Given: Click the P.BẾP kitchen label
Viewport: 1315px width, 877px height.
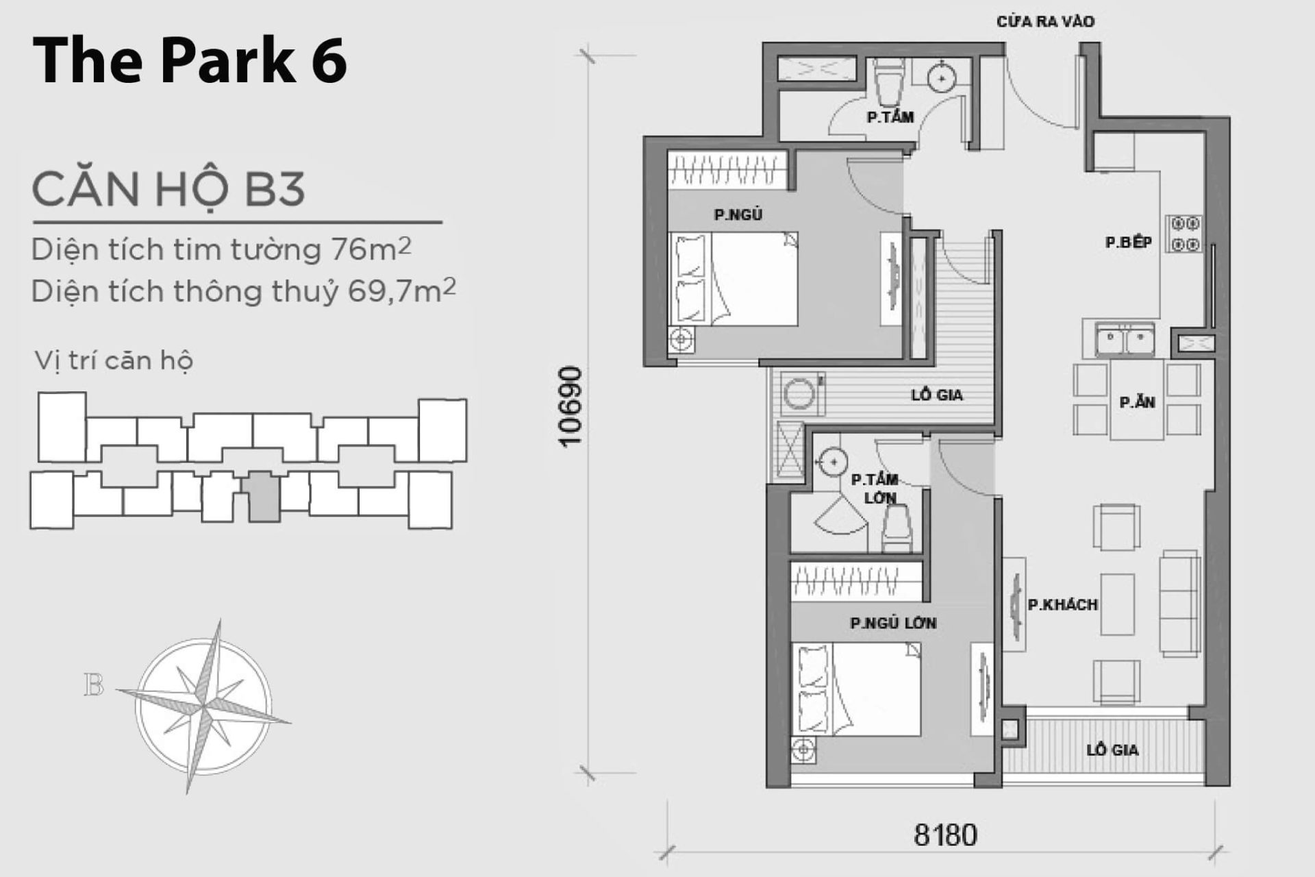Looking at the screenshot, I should click(x=1128, y=242).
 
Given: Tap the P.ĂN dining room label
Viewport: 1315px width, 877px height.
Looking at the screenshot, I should click(x=1137, y=402).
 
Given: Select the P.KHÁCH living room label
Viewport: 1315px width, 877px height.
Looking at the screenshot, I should click(x=1062, y=604).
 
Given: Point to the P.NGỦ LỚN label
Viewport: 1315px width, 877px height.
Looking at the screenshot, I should click(x=892, y=623).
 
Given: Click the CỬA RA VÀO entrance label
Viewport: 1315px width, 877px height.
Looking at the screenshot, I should click(x=1044, y=21).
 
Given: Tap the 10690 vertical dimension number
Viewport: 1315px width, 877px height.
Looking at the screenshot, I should click(x=570, y=407).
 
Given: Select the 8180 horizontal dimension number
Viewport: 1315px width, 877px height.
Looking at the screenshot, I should click(x=946, y=835).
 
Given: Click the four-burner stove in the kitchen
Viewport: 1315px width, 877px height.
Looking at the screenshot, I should click(x=1185, y=234).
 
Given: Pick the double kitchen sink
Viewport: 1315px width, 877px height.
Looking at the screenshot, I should click(x=1125, y=341).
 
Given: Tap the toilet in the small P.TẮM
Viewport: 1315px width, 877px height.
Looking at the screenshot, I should click(x=890, y=81).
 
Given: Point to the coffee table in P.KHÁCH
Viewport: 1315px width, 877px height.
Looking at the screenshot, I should click(x=1117, y=604).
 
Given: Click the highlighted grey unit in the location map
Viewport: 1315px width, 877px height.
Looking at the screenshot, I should click(x=264, y=496).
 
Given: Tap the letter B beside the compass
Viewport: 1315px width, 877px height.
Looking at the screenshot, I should click(x=94, y=685).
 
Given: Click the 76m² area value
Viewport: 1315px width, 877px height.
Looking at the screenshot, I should click(x=371, y=249).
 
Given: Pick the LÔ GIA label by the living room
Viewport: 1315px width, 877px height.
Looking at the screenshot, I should click(x=1112, y=750).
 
